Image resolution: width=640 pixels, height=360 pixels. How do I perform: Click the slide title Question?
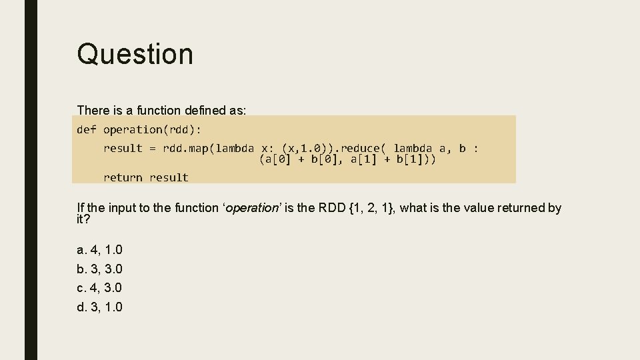[x=135, y=54]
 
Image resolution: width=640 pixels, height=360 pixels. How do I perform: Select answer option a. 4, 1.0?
[x=100, y=250]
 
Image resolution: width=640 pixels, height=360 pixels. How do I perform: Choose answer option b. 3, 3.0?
[x=100, y=269]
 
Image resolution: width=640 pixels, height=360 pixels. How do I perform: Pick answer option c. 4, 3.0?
[x=100, y=288]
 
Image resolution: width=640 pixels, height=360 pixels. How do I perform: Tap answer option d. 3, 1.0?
[x=100, y=307]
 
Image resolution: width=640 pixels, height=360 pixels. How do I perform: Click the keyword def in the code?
[x=87, y=129]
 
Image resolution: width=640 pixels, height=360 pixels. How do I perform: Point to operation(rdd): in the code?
[x=152, y=129]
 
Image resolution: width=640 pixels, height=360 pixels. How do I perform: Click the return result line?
[x=146, y=177]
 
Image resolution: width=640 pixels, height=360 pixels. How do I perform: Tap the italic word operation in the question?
[x=253, y=208]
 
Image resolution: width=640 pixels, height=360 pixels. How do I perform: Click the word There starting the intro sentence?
[x=93, y=110]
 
